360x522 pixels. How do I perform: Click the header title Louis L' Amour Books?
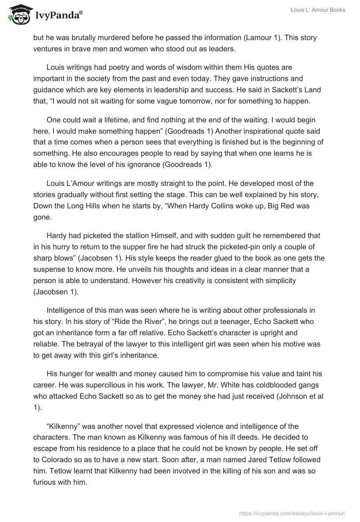click(x=318, y=10)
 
